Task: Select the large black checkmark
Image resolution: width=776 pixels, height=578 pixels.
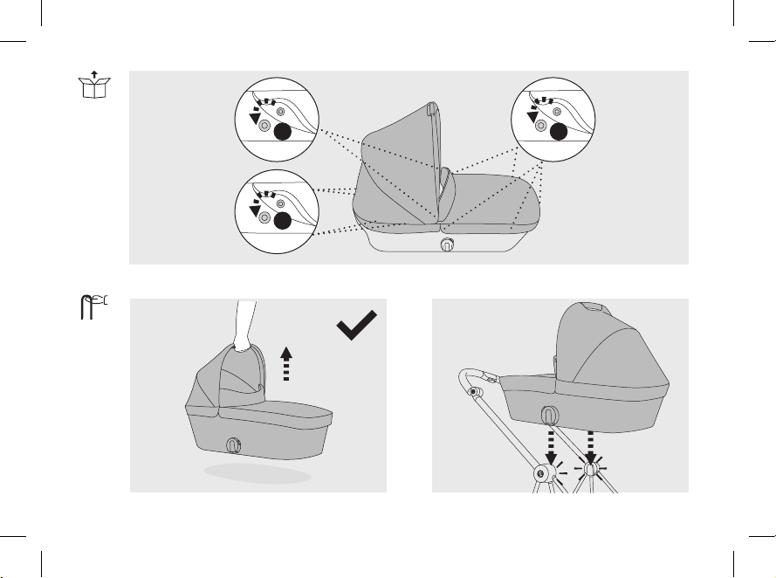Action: pos(358,330)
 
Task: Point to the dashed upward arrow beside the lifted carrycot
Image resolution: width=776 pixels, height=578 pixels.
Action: pos(285,362)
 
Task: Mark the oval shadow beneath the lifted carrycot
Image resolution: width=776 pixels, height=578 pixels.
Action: pos(258,473)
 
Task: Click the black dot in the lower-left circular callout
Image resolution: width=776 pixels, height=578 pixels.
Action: pos(282,220)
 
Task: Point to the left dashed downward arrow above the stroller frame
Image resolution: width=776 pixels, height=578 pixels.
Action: pos(551,445)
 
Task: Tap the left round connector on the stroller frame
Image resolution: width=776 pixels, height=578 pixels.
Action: pos(541,474)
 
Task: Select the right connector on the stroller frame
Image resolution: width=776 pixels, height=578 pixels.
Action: pos(591,471)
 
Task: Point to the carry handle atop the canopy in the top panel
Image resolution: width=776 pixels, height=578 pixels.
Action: pos(430,110)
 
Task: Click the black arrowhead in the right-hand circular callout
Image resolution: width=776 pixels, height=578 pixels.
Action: pos(532,114)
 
